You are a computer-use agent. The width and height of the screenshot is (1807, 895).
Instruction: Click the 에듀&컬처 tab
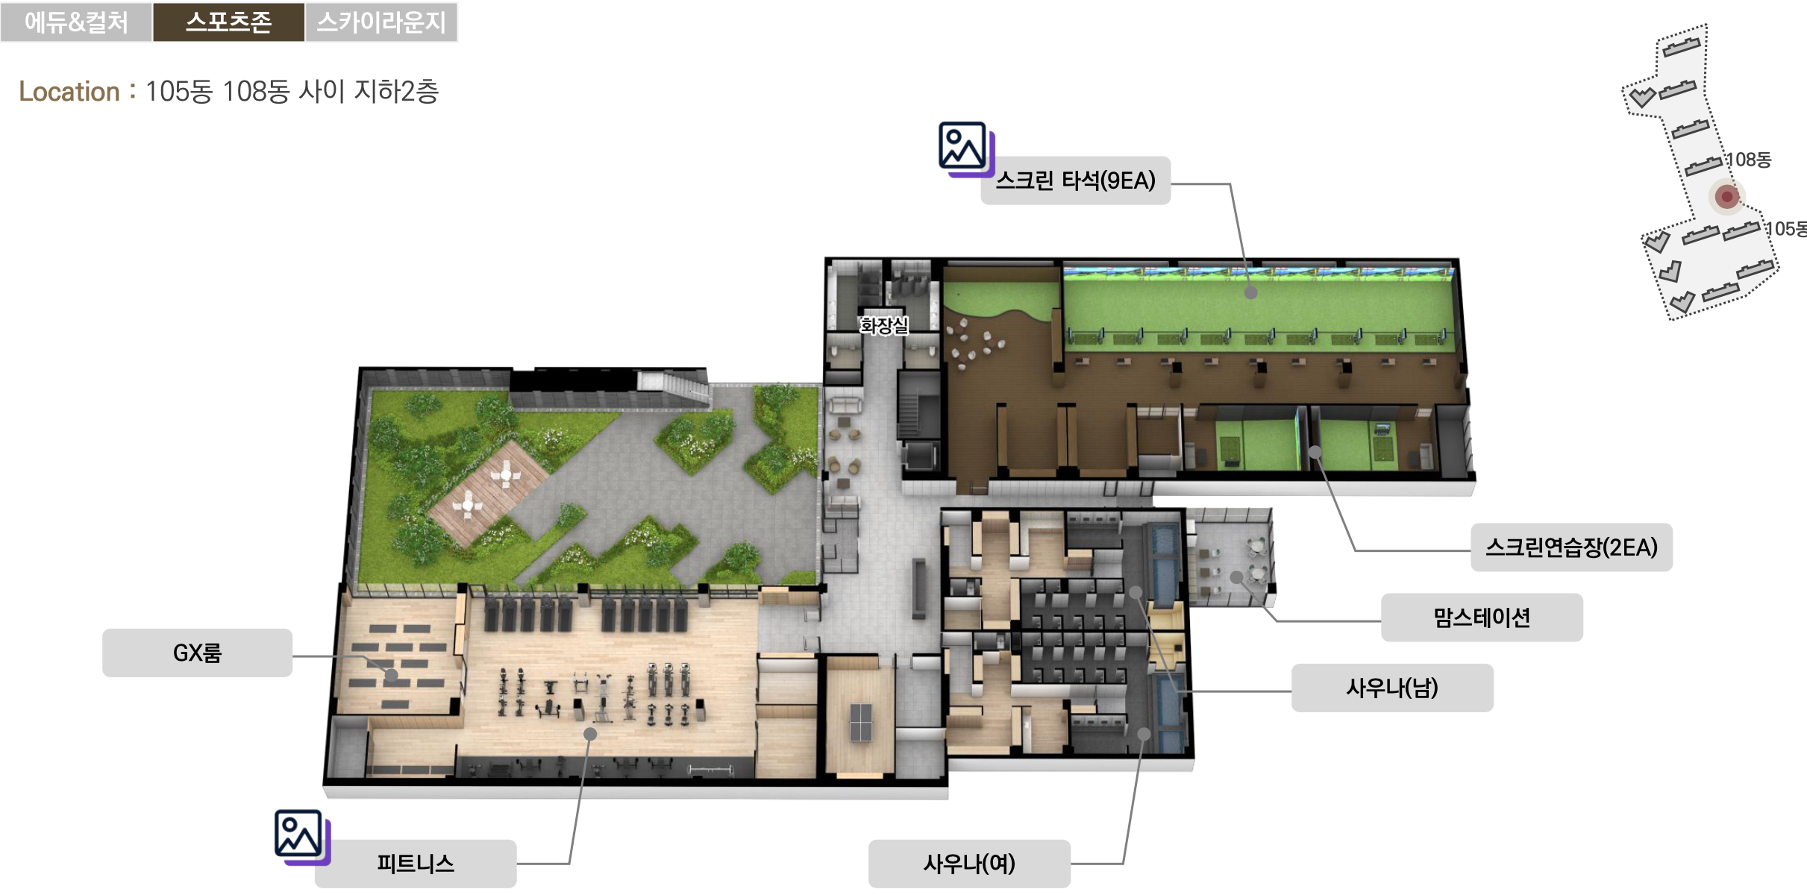coord(76,22)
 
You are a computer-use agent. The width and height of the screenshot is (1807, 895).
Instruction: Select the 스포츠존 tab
coord(228,22)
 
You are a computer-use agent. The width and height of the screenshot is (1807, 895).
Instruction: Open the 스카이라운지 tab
coord(381,22)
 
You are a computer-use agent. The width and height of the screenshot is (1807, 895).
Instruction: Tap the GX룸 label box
coord(197,653)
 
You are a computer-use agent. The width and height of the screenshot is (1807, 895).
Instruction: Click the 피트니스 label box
coord(416,864)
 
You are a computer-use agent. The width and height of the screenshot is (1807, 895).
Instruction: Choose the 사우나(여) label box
coord(969,864)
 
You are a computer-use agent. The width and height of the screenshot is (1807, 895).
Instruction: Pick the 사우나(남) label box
coord(1392,688)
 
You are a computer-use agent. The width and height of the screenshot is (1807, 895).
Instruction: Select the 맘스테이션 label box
coord(1482,618)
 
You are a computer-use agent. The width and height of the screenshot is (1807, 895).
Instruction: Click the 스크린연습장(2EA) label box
coord(1571,547)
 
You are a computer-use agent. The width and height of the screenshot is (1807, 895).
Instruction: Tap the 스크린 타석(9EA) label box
coord(1075,180)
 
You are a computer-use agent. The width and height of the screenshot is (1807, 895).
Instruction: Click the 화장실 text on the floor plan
coord(884,326)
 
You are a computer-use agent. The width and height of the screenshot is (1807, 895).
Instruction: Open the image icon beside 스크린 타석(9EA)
coord(966,149)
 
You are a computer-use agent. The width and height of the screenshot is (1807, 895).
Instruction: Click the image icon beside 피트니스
coord(301,837)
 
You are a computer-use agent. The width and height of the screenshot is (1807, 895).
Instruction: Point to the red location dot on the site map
coord(1726,197)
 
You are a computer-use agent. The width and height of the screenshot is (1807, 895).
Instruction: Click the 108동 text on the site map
coord(1748,160)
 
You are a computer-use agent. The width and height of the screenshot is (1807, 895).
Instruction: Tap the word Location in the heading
coord(69,92)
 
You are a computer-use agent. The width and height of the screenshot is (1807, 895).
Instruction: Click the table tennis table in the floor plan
coord(860,722)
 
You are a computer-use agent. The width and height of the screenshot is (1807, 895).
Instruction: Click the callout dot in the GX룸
coord(392,676)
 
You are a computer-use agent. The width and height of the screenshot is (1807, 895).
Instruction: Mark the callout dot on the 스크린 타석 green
coord(1251,293)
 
